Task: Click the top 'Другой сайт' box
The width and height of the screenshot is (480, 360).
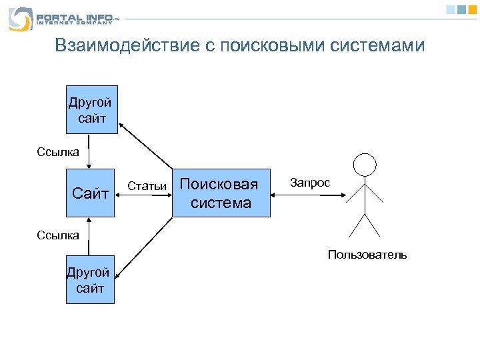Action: tap(91, 110)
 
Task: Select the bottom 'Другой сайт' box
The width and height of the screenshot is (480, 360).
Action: tap(90, 281)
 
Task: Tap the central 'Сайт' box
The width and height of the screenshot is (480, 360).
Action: tap(90, 193)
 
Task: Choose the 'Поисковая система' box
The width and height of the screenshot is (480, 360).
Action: tap(221, 193)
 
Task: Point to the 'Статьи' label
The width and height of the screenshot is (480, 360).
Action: tap(147, 186)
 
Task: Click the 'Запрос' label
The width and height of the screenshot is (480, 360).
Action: tap(310, 183)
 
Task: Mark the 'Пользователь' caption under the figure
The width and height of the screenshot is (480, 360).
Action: tap(367, 255)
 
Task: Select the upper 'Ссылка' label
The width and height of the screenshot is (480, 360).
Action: tap(57, 151)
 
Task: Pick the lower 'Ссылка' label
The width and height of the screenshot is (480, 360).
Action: tap(57, 235)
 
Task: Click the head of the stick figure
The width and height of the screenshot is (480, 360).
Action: tap(364, 164)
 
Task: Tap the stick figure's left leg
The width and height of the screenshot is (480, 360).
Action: tap(357, 225)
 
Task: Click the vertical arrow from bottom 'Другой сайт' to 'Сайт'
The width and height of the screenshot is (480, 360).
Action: tap(91, 237)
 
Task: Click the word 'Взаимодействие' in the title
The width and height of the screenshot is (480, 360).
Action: tap(127, 45)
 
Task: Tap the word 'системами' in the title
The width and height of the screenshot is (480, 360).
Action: tap(381, 45)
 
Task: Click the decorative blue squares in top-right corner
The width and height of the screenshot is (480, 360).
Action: tap(459, 9)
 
